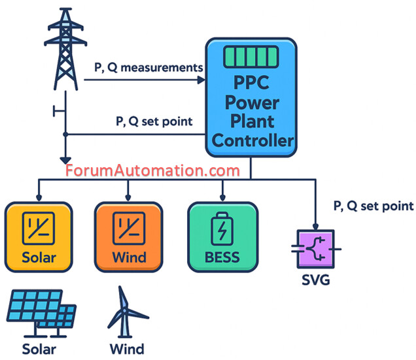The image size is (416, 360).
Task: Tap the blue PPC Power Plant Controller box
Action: pos(251,98)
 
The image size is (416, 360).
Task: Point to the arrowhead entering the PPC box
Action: pos(201,80)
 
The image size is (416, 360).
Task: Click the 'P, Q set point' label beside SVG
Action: pos(373,206)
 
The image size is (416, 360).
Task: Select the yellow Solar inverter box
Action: pos(39,237)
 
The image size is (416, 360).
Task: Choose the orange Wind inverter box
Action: pos(128,237)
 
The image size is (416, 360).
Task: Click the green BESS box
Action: pos(222,237)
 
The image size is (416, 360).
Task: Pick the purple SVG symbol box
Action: pos(315,249)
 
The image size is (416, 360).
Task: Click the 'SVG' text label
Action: pos(315,282)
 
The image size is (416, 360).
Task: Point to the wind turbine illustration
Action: pos(125,312)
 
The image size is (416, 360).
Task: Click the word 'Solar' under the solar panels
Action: pos(39,348)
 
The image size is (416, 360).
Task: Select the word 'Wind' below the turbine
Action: pos(126,348)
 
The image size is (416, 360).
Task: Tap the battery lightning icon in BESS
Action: pos(222,229)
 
